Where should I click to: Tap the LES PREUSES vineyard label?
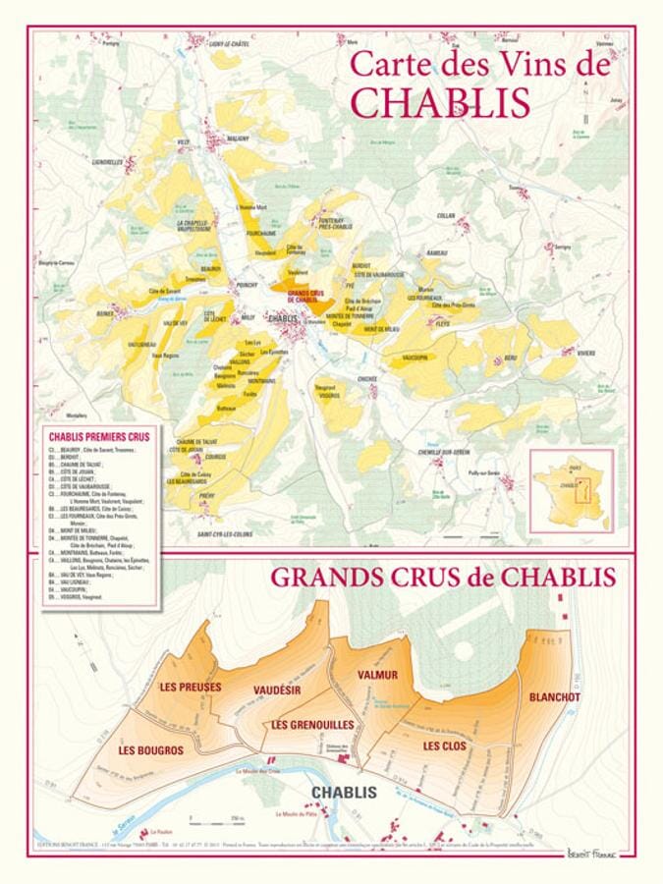[x=190, y=687]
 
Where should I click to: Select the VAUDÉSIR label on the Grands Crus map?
[x=276, y=691]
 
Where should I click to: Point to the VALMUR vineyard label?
[x=378, y=675]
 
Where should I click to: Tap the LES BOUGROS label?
[x=150, y=750]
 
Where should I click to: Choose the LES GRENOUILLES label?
[x=311, y=724]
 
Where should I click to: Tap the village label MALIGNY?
[x=238, y=138]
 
